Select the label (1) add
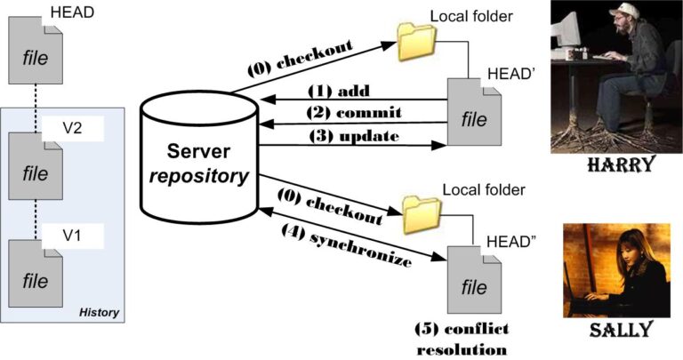(337, 91)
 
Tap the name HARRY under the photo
(615, 164)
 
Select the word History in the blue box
(99, 312)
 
